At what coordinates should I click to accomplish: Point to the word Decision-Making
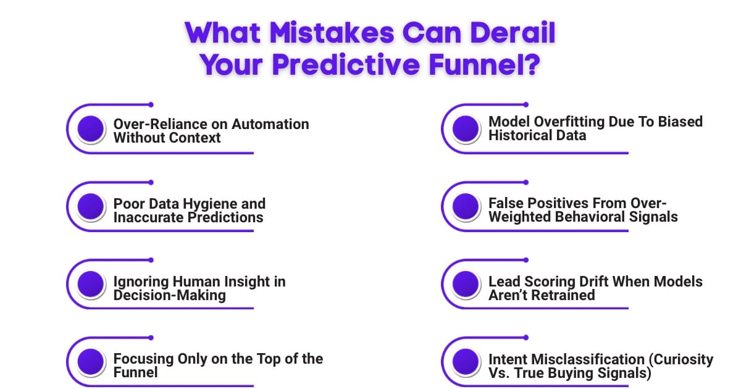(169, 295)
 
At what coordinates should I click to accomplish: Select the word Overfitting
(569, 121)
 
